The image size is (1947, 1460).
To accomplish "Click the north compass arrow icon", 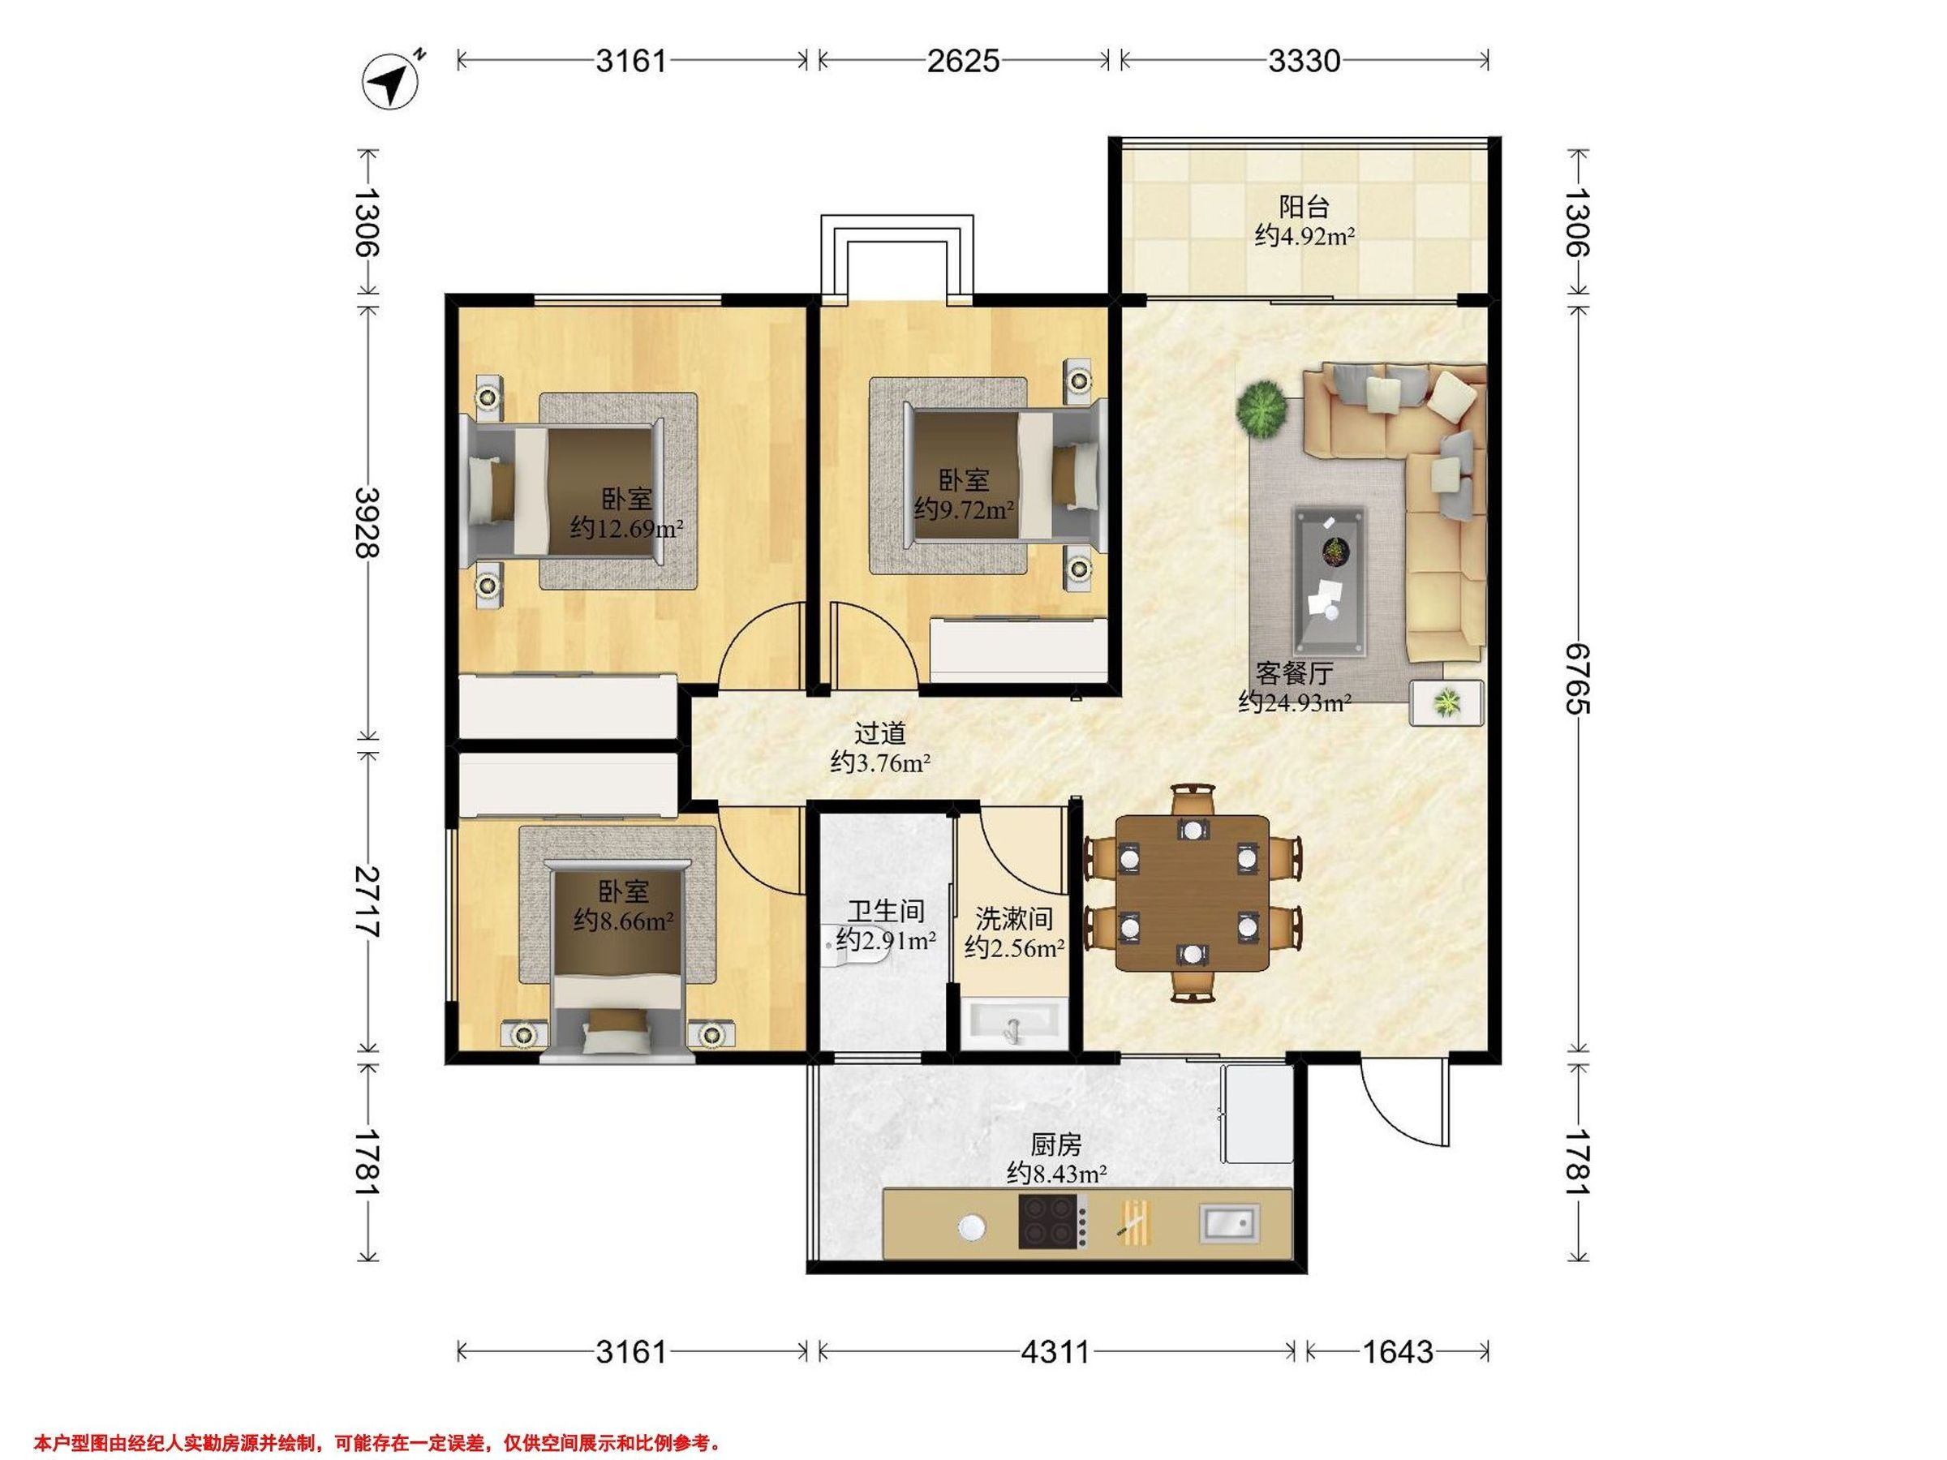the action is tap(392, 82).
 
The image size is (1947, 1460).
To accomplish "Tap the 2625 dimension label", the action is tap(963, 61).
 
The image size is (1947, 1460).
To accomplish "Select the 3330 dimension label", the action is tap(1304, 61).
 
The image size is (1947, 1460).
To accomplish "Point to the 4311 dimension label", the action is tap(1055, 1350).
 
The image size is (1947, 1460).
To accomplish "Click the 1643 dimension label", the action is tap(1398, 1350).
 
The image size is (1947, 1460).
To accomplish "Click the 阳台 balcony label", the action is tap(1304, 208).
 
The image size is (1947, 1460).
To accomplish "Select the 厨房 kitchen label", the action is tap(1055, 1145).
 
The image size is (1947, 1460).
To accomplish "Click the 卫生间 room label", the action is tap(886, 911).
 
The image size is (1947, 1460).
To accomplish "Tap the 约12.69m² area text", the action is tap(627, 529).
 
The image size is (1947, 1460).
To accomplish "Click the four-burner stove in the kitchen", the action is tap(1053, 1221).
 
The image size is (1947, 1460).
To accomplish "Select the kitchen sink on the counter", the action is tap(1229, 1223).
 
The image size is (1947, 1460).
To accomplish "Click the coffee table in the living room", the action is tap(1329, 581).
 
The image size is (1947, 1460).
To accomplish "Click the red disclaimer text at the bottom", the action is tap(377, 1418).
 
